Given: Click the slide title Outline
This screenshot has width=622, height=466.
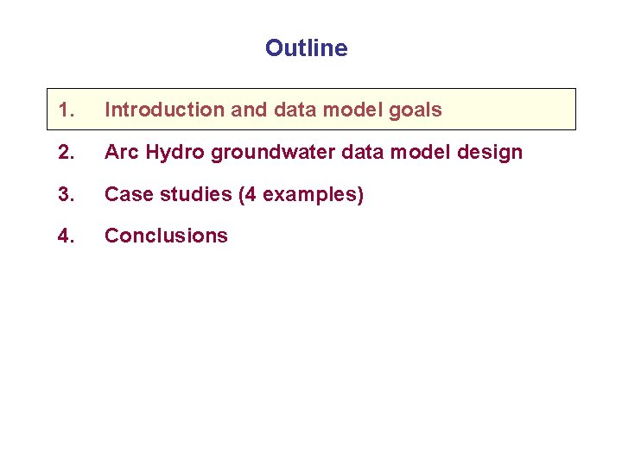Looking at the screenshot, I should [x=307, y=48].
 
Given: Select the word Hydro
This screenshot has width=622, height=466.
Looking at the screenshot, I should [x=174, y=153].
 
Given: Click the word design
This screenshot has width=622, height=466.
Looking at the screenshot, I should [x=493, y=153].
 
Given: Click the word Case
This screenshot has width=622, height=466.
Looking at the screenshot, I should [x=126, y=195].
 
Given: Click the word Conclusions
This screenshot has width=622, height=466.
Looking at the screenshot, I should [x=166, y=236].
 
